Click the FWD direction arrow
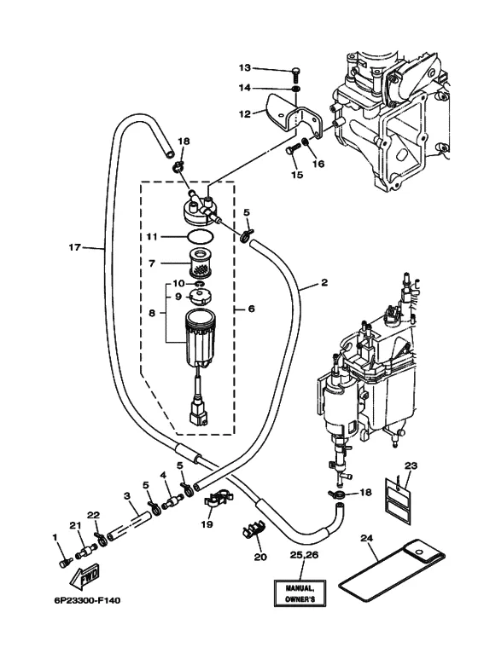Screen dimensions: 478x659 pyautogui.click(x=85, y=576)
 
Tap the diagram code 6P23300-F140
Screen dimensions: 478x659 pyautogui.click(x=87, y=600)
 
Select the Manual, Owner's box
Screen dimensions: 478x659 pyautogui.click(x=300, y=593)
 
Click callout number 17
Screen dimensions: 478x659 pyautogui.click(x=74, y=247)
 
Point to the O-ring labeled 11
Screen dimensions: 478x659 pyautogui.click(x=199, y=237)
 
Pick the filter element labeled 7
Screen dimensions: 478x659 pyautogui.click(x=201, y=263)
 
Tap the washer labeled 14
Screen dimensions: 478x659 pyautogui.click(x=296, y=89)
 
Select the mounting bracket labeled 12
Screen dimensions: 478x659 pyautogui.click(x=294, y=118)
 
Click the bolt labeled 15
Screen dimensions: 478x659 pyautogui.click(x=294, y=149)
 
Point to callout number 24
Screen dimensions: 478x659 pyautogui.click(x=367, y=538)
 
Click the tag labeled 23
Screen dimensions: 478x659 pyautogui.click(x=397, y=501)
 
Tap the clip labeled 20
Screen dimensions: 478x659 pyautogui.click(x=254, y=531)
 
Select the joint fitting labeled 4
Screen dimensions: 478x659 pyautogui.click(x=172, y=500)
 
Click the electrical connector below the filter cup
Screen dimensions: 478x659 pyautogui.click(x=198, y=412)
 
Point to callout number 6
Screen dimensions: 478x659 pyautogui.click(x=251, y=309)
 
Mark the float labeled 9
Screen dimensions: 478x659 pyautogui.click(x=201, y=297)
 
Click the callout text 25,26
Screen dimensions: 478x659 pyautogui.click(x=304, y=556)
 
